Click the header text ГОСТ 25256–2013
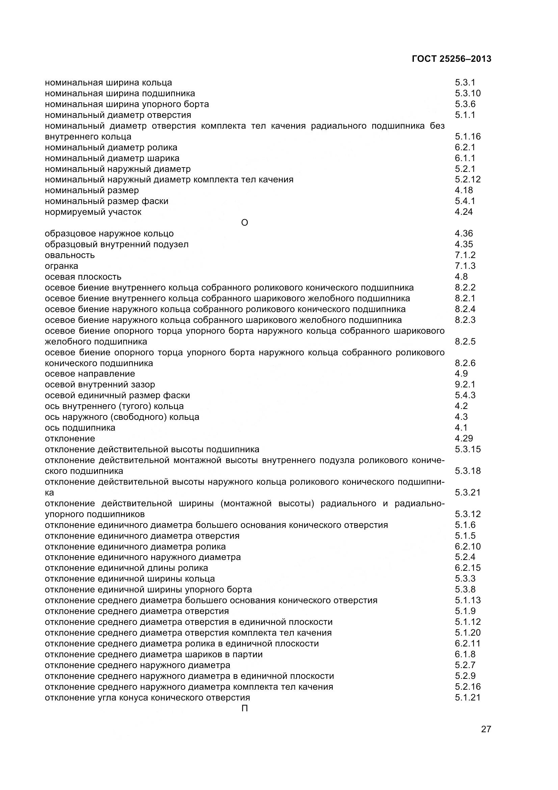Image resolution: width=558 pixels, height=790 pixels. point(451,59)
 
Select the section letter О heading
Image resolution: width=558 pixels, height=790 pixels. point(244,223)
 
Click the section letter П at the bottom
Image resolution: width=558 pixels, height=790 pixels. point(244,708)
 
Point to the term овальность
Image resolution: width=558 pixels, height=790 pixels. point(70,255)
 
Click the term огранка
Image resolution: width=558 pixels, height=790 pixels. point(61,265)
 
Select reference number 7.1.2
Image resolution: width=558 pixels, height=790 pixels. point(465,255)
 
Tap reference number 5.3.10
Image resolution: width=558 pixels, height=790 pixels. point(468,93)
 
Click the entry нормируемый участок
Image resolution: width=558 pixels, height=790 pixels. point(93,212)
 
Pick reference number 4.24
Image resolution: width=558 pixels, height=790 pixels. point(463,212)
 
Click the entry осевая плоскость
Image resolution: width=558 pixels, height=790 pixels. point(83,277)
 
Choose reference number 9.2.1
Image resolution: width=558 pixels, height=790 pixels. point(465,384)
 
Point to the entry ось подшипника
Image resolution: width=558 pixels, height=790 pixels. point(80,428)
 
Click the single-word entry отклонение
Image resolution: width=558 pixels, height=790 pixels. point(70,438)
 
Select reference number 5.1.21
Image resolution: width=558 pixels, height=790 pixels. point(468,697)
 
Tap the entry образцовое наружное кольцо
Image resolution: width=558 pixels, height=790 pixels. point(109,233)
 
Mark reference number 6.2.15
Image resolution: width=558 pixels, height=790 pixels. point(468,568)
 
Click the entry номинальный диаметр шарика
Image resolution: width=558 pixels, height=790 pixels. point(112,158)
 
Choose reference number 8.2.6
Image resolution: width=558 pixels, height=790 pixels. point(465,363)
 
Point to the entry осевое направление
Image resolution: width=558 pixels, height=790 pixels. point(90,374)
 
